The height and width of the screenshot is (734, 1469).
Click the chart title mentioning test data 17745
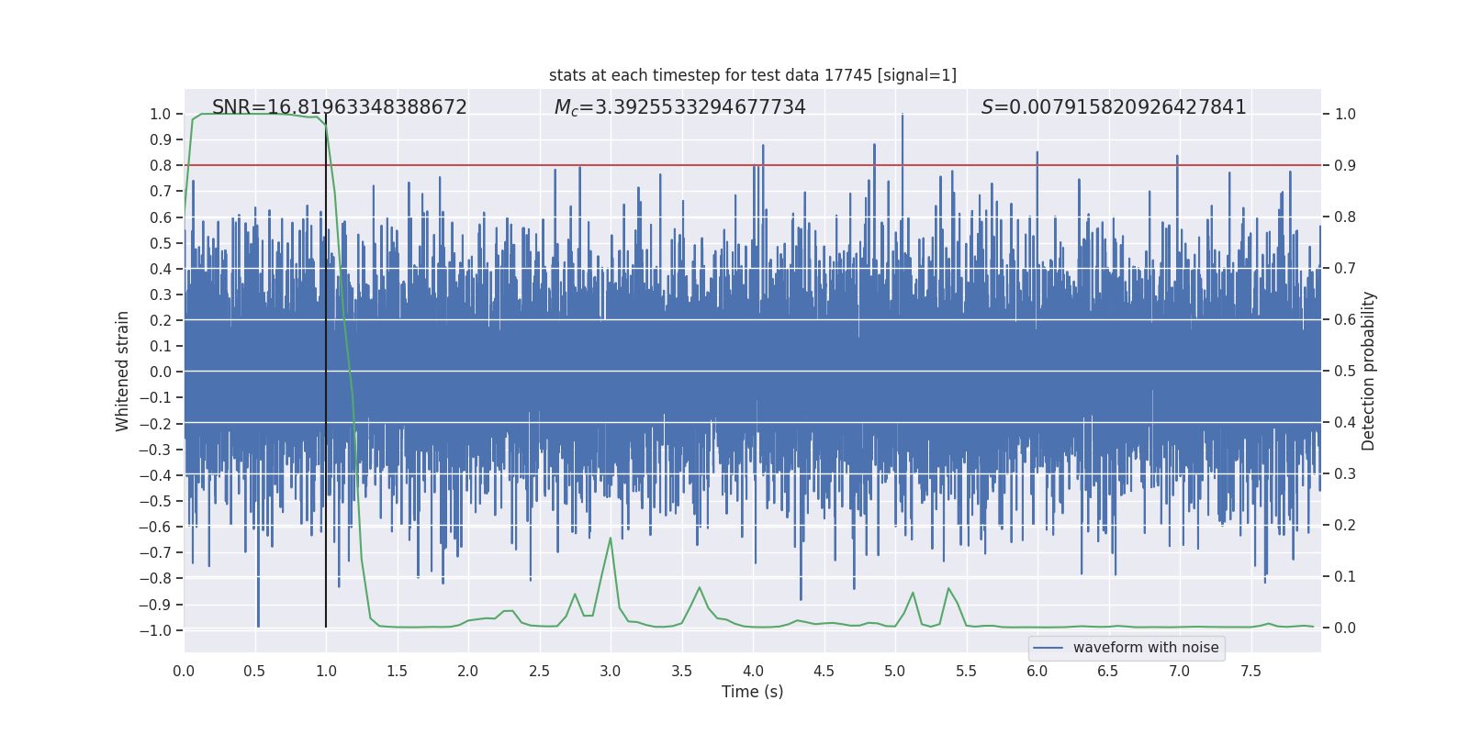[752, 75]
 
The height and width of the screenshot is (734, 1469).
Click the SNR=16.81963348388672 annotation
[339, 107]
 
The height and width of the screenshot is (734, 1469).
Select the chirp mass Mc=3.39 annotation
[679, 107]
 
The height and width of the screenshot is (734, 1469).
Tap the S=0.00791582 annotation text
[1113, 107]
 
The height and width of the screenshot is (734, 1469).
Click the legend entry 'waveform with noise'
[1145, 648]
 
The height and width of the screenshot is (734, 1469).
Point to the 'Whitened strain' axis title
[123, 371]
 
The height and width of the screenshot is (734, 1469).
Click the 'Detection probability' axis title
[1368, 371]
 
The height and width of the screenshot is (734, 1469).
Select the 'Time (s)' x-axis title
[752, 692]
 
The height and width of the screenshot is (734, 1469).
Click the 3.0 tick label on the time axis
[611, 672]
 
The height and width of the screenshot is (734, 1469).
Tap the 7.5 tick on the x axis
[1250, 672]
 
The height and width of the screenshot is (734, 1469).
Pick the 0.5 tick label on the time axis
[254, 672]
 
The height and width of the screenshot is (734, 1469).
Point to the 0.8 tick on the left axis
[160, 166]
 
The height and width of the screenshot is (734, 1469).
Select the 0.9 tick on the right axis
[1345, 166]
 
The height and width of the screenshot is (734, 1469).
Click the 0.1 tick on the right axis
[1345, 577]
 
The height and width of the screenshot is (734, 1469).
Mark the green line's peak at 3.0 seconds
[611, 539]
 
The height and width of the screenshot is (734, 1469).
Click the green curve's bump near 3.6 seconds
[700, 588]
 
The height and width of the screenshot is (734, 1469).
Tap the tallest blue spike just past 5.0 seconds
[903, 117]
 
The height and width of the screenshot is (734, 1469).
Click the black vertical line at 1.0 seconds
[326, 367]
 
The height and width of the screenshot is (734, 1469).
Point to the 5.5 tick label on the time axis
[966, 672]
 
